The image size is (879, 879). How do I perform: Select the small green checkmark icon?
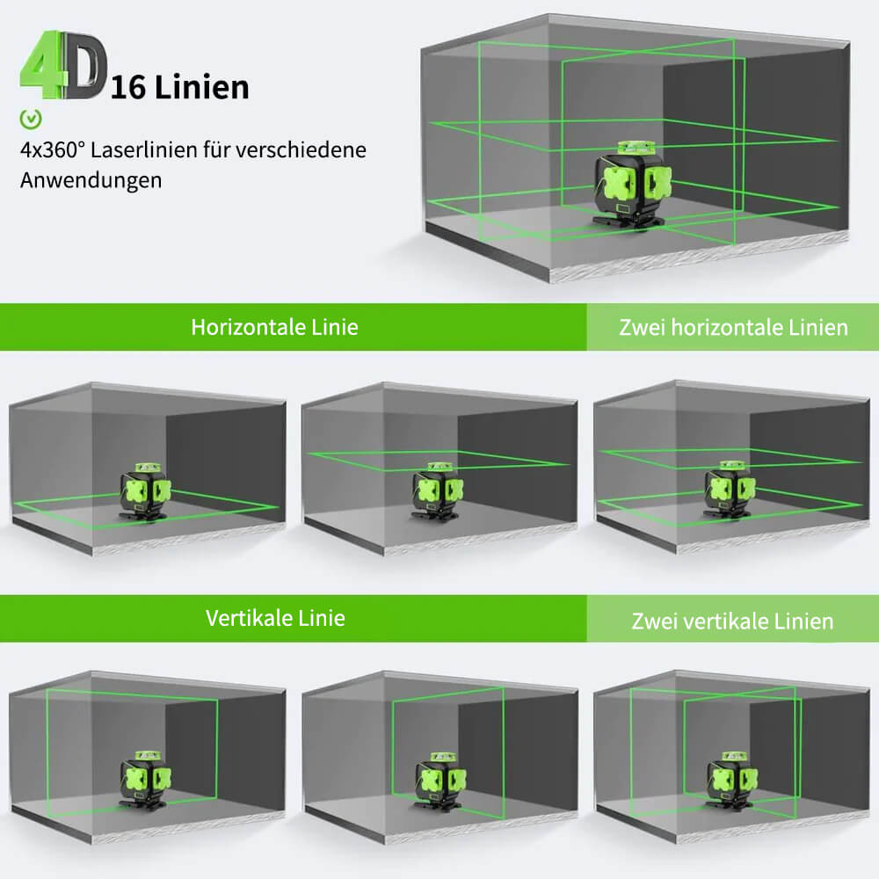pyautogui.click(x=32, y=117)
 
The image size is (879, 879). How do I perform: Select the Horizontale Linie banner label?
pyautogui.click(x=274, y=327)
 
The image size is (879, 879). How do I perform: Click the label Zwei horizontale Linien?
pyautogui.click(x=733, y=328)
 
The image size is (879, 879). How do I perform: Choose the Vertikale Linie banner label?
pyautogui.click(x=275, y=618)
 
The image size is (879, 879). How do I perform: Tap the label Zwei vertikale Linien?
pyautogui.click(x=732, y=621)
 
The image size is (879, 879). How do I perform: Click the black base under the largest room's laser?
pyautogui.click(x=634, y=222)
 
